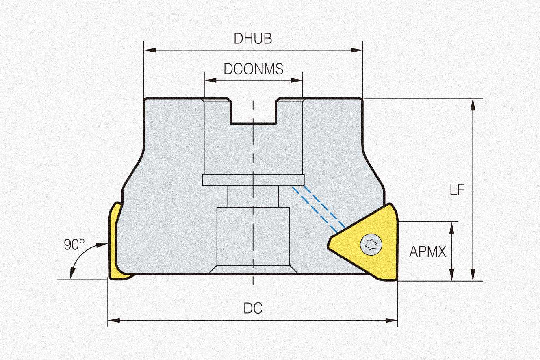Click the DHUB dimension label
pos(253,39)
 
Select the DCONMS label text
pos(253,69)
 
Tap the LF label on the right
pos(457,190)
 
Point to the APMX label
pos(427,252)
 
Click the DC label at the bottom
pos(253,308)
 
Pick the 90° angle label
pos(74,245)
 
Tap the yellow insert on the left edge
pos(115,244)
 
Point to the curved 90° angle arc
pos(81,256)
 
